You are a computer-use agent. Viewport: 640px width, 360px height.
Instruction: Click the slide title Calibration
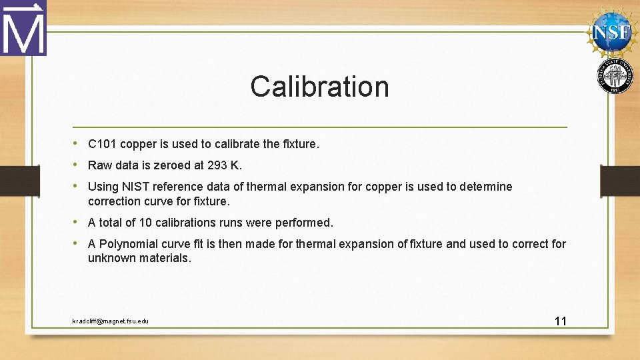point(319,87)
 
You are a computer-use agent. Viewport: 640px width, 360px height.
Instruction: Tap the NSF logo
point(612,31)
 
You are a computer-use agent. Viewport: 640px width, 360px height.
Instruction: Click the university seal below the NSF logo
point(615,76)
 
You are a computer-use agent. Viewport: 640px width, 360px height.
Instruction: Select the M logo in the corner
point(23,28)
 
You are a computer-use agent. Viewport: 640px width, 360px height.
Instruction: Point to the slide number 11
point(560,321)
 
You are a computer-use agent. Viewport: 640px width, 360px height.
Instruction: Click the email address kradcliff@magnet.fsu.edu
point(111,321)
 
